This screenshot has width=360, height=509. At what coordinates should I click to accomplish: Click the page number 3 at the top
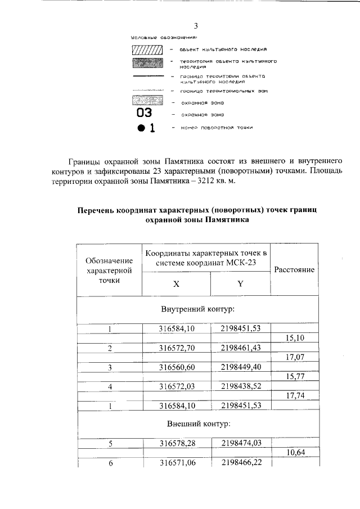[x=196, y=26]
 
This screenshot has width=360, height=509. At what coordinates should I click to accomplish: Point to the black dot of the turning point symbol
[x=141, y=128]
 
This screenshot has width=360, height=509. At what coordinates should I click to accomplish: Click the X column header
[x=176, y=284]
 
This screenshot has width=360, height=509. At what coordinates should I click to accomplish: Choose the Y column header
[x=240, y=284]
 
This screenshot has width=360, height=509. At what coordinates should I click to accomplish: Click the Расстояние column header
[x=294, y=269]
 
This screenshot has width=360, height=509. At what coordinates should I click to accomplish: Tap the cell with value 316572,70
[x=177, y=348]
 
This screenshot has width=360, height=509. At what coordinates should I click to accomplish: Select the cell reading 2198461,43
[x=241, y=348]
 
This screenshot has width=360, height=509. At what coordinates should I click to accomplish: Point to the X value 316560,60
[x=177, y=367]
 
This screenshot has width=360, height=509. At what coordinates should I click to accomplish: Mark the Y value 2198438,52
[x=241, y=386]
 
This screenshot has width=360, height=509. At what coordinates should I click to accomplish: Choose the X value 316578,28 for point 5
[x=177, y=444]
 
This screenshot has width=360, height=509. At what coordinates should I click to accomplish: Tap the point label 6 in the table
[x=111, y=463]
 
